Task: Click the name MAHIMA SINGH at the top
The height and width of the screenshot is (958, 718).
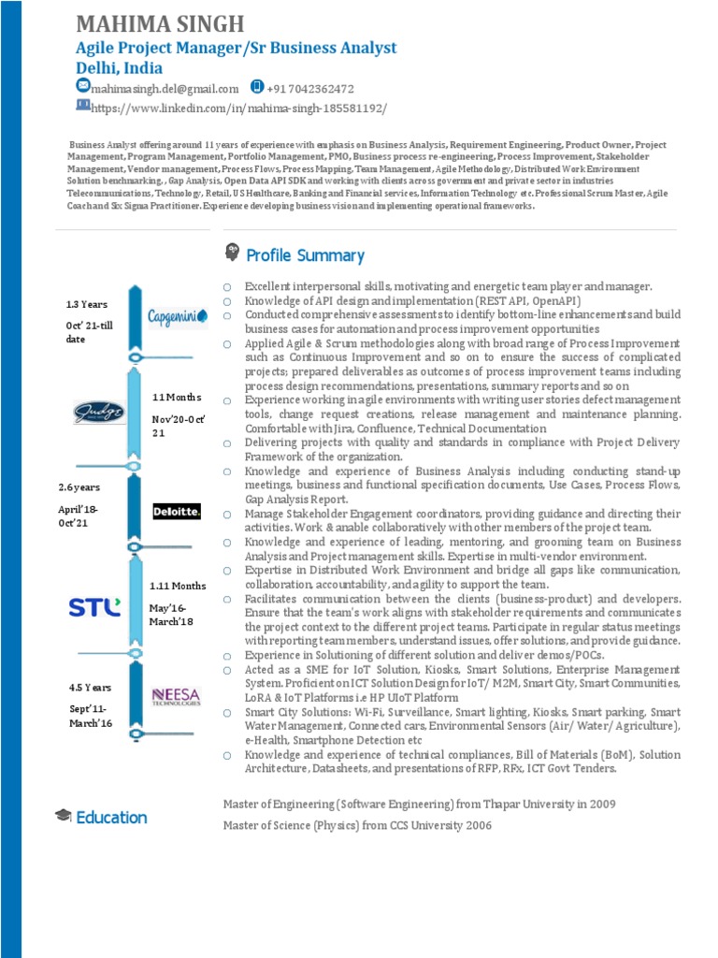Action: (x=159, y=23)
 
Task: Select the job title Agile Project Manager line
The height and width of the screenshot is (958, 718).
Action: (x=236, y=48)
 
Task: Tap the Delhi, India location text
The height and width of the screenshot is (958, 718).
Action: (x=119, y=68)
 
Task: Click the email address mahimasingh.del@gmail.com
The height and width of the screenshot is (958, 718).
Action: (x=165, y=89)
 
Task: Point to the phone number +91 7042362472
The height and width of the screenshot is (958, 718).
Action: (x=310, y=89)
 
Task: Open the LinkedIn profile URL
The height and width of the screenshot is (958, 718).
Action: (x=237, y=108)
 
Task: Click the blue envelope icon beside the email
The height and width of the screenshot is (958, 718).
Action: (x=82, y=87)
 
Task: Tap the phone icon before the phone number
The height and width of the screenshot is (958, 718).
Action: (x=257, y=87)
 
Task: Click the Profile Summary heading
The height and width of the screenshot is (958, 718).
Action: (x=305, y=255)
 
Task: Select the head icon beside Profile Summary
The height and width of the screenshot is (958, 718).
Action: (x=232, y=253)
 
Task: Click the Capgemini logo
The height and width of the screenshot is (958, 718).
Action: (x=178, y=317)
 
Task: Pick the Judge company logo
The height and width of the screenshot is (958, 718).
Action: (x=98, y=412)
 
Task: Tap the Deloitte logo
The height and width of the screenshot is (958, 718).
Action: (x=177, y=511)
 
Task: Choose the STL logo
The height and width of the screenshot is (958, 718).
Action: (x=94, y=607)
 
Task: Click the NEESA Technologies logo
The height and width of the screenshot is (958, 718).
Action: (x=176, y=697)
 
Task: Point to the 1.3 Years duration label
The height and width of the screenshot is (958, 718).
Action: (x=86, y=304)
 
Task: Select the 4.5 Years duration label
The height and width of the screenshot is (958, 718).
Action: (x=90, y=688)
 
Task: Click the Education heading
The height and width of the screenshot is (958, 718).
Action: (x=111, y=818)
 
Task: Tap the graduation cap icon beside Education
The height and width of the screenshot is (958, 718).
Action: (x=64, y=816)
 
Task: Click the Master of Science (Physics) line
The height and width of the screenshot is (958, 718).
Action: (x=357, y=825)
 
